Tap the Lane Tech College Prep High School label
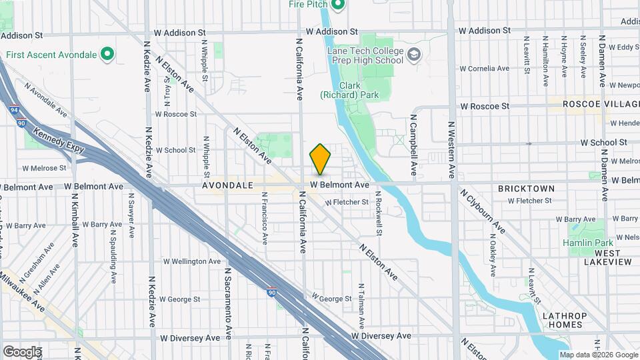pos(365,57)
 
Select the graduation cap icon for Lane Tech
pos(414,54)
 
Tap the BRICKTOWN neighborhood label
pos(526,189)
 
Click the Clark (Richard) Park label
pos(359,90)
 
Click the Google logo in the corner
pos(22,351)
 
